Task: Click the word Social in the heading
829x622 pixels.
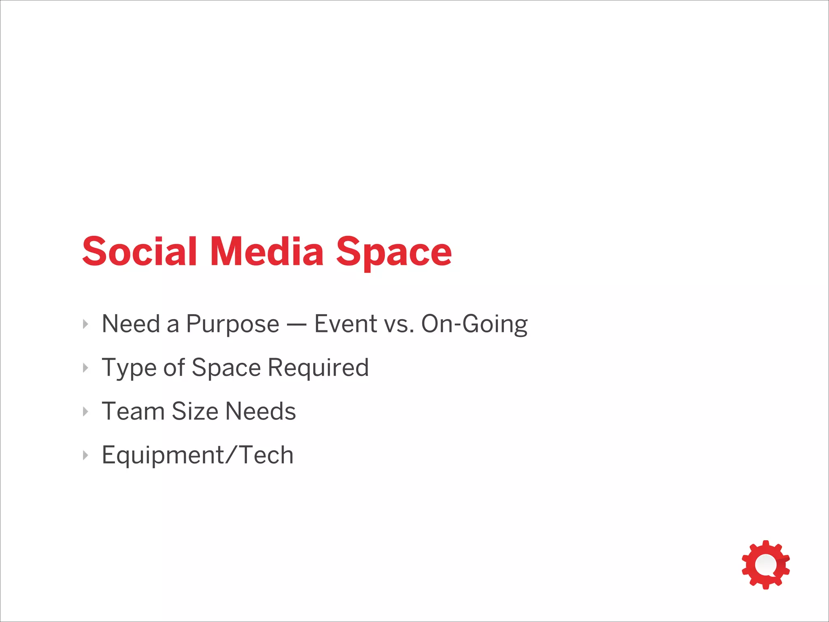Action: point(139,252)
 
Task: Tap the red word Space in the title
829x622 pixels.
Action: point(393,253)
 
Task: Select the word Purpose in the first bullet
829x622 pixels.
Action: point(232,325)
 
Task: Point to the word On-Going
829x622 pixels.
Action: point(474,325)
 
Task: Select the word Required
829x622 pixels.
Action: point(318,368)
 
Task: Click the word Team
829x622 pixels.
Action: point(133,411)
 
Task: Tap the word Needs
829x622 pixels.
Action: point(260,411)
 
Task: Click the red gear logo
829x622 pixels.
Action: point(765,564)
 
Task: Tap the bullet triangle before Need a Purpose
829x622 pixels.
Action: point(85,324)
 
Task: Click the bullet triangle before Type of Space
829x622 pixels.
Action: point(85,368)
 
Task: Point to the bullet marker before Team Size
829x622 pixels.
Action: point(85,411)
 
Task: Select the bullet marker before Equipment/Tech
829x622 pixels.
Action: point(85,455)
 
